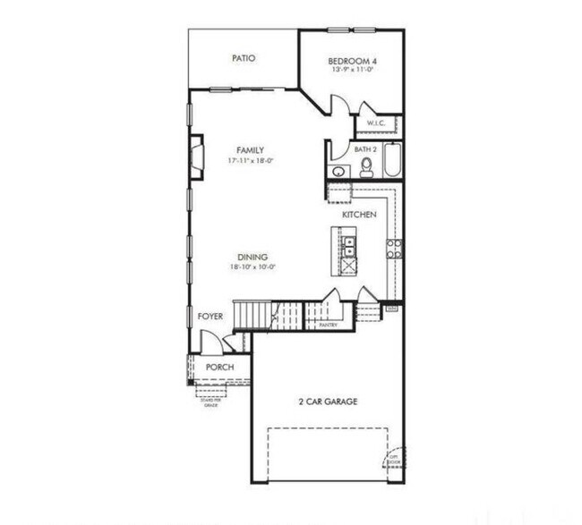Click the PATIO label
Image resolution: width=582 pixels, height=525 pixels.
click(244, 58)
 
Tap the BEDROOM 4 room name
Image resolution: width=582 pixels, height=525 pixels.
click(351, 59)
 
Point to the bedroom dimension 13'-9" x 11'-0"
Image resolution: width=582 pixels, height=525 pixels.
click(351, 69)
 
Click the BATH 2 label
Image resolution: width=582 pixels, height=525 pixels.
click(365, 149)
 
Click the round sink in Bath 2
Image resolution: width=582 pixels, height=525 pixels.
click(338, 171)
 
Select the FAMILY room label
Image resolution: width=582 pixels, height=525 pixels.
click(250, 150)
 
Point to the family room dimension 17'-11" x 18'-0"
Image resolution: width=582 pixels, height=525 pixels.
click(250, 161)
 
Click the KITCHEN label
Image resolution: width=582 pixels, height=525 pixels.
click(359, 216)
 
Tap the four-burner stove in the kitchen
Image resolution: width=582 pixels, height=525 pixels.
click(393, 249)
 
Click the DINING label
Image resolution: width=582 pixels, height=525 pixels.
click(252, 258)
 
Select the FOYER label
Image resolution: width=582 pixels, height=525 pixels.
click(210, 316)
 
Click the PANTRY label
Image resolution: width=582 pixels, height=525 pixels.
click(328, 325)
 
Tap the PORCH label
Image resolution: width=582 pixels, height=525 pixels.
click(219, 368)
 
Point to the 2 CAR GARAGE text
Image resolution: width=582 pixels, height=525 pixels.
click(328, 402)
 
